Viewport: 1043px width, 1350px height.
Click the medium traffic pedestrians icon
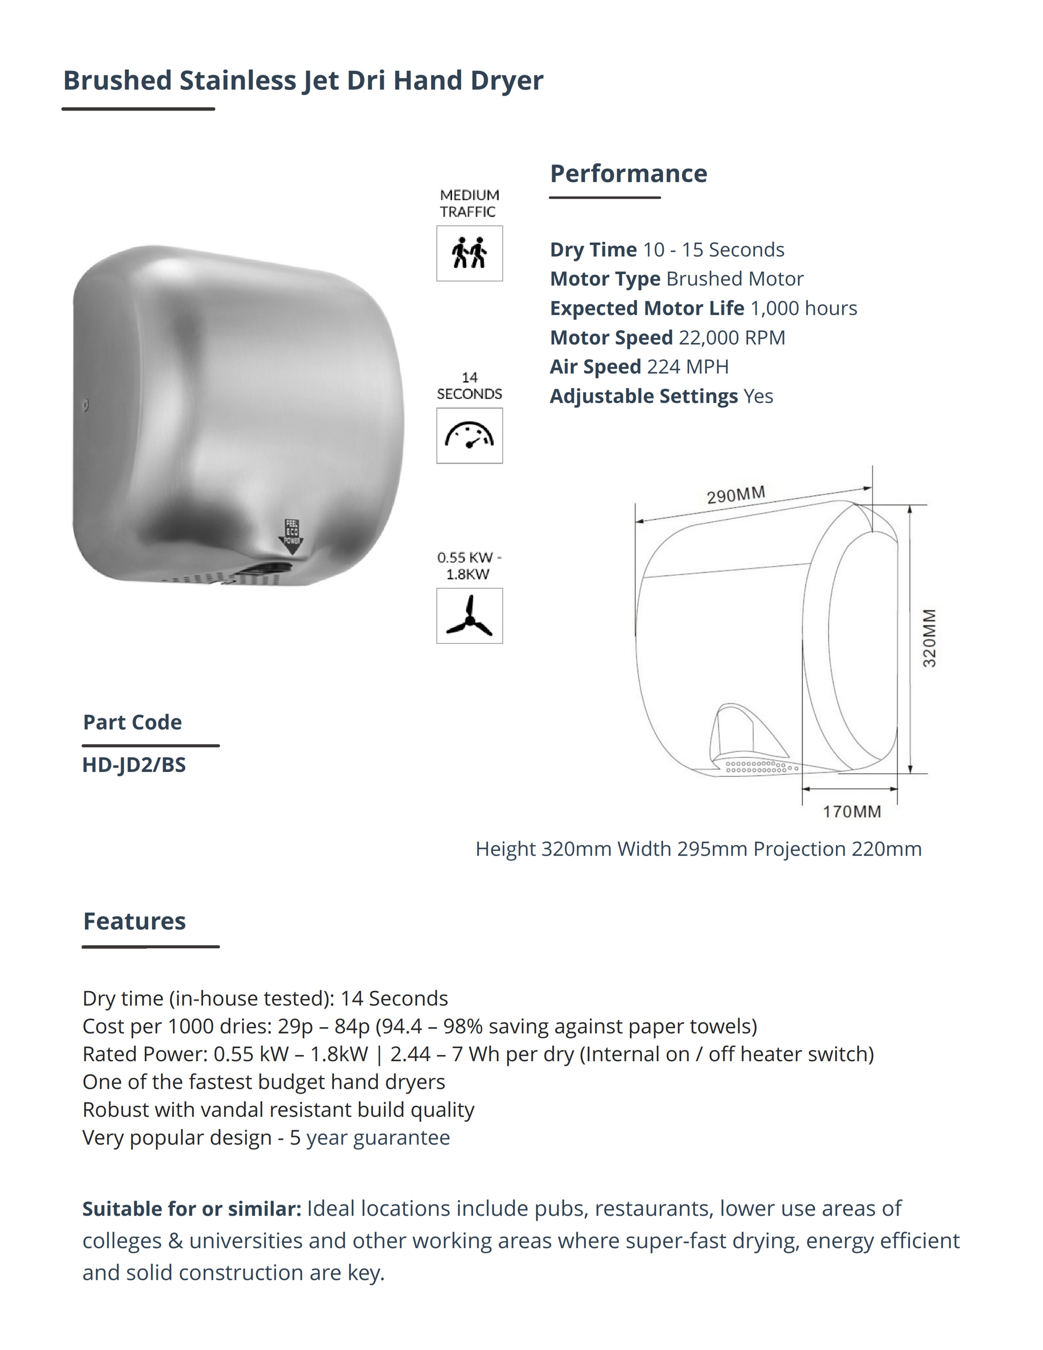[x=470, y=254]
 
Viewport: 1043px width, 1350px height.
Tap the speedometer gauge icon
[x=470, y=436]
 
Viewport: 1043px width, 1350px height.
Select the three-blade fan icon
[x=470, y=616]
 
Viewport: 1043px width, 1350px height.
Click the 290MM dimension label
[x=736, y=495]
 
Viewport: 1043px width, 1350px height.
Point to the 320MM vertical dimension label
[x=929, y=638]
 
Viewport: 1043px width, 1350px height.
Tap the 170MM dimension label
[x=852, y=812]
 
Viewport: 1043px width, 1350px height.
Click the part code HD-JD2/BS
[x=134, y=765]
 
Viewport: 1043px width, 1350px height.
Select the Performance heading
[x=628, y=174]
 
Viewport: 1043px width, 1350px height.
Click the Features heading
[x=135, y=922]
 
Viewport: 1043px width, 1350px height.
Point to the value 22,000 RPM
[x=732, y=338]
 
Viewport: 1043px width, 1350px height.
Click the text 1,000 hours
[x=803, y=308]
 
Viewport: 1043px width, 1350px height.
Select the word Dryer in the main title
[x=506, y=80]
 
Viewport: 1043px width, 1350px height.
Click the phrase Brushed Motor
[x=735, y=279]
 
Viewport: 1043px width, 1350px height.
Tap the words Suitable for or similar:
[x=191, y=1208]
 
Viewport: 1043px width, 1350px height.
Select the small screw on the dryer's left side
[x=86, y=405]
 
